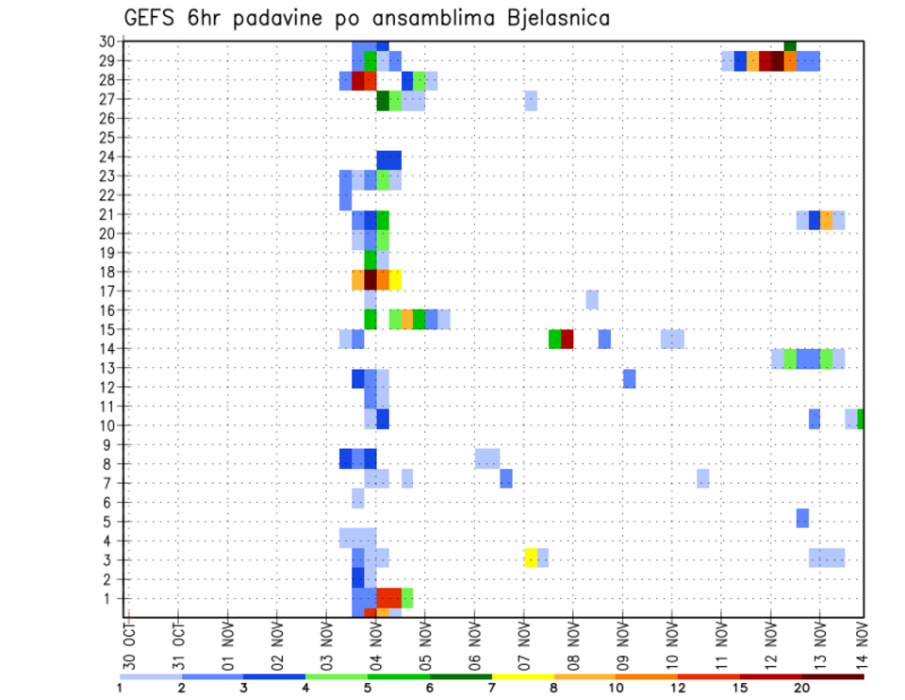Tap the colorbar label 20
[802, 688]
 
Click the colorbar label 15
[740, 688]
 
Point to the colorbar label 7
[492, 688]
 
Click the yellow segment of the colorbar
[523, 676]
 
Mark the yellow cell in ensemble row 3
[531, 558]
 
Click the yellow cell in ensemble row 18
[395, 280]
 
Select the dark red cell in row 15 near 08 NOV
[568, 339]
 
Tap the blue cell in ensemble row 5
[802, 518]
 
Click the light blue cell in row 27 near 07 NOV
[531, 100]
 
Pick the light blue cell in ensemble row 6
[358, 498]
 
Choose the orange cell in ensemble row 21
[827, 220]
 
